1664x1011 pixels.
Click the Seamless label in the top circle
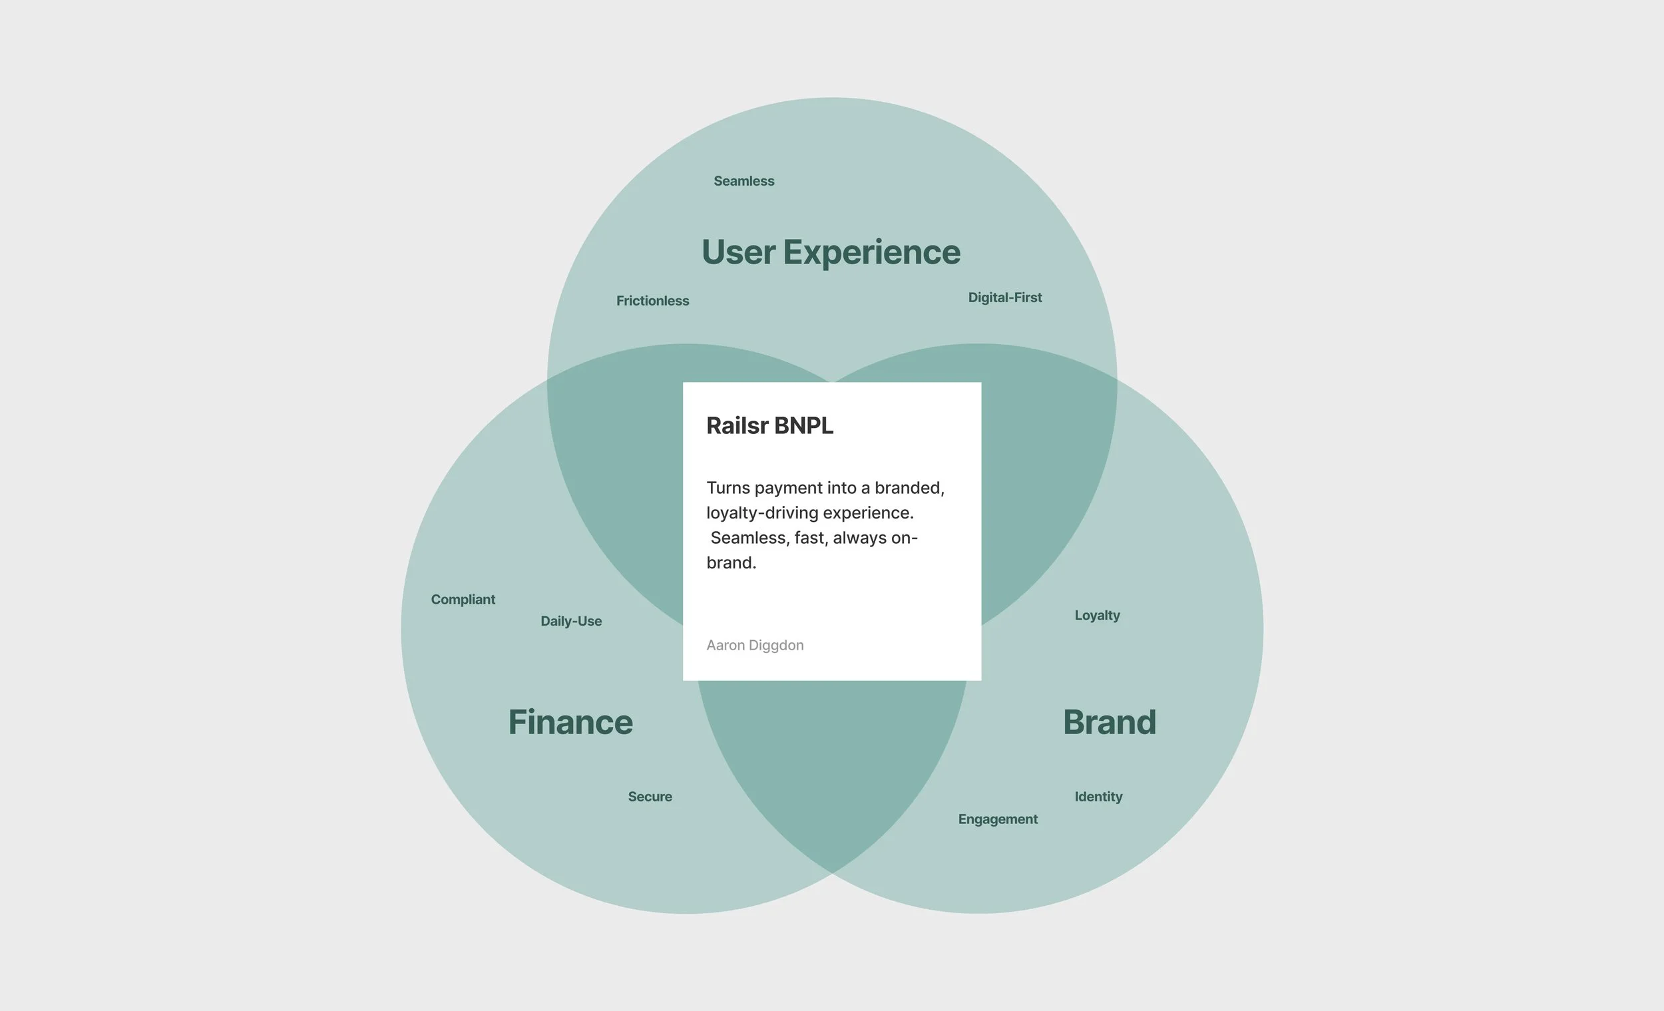tap(743, 181)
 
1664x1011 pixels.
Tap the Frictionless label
tap(652, 301)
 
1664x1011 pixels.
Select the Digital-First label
tap(1005, 297)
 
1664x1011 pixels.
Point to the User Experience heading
tap(831, 252)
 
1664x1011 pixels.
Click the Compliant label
tap(463, 599)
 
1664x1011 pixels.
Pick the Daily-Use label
tap(570, 621)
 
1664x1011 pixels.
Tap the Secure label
tap(650, 796)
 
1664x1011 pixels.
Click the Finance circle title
tap(570, 722)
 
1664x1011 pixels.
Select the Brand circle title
tap(1109, 722)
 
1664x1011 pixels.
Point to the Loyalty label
tap(1097, 615)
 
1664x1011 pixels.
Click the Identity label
tap(1098, 796)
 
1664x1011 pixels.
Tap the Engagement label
tap(998, 819)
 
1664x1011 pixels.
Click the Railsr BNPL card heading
tap(769, 425)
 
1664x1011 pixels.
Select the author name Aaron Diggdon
tap(754, 645)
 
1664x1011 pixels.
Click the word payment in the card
tap(787, 489)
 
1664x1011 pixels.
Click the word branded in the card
tap(909, 489)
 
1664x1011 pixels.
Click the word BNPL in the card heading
tap(803, 425)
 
